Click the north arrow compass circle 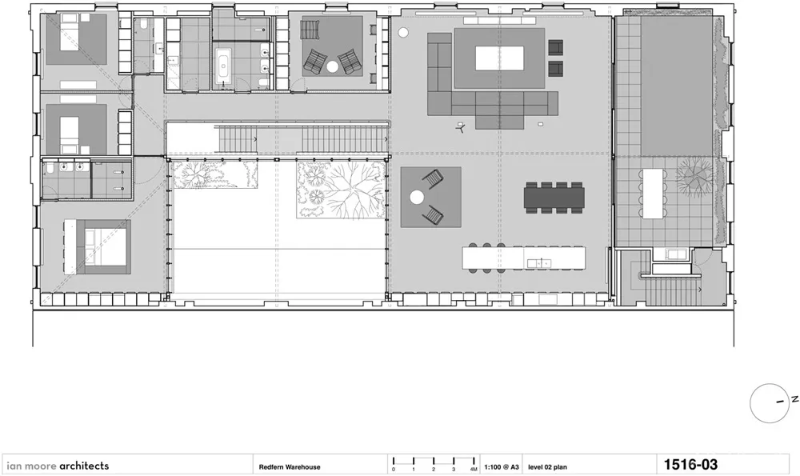pos(770,403)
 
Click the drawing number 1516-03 pos(690,465)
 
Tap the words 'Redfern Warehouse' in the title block pos(290,467)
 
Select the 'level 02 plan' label pos(547,467)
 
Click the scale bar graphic pos(434,463)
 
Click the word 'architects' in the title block pos(84,466)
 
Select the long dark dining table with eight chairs pos(554,198)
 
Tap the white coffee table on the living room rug pos(499,58)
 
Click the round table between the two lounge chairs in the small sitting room pos(333,66)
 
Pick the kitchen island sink pos(538,263)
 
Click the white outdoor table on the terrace pos(653,194)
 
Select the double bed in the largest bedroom pos(105,247)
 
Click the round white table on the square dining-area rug pos(418,198)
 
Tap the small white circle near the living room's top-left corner pos(403,33)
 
